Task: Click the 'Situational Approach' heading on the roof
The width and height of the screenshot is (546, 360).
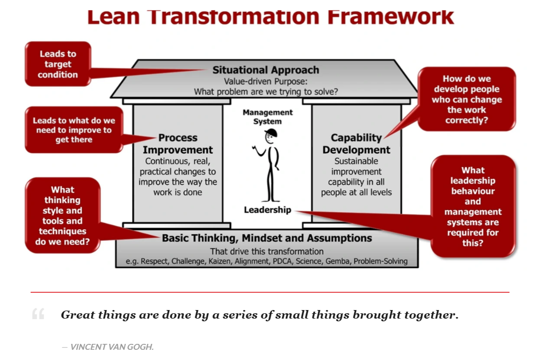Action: point(266,70)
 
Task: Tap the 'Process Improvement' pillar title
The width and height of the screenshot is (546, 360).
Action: point(178,143)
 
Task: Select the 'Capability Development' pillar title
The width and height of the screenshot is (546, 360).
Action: point(356,143)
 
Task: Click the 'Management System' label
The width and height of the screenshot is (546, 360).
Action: point(267,117)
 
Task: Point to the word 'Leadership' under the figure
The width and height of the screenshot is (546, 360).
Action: point(267,210)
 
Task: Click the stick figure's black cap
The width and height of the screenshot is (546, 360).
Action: point(271,133)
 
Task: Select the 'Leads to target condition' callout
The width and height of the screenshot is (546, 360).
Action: point(58,64)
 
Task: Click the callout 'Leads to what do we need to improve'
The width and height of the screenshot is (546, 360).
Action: point(74,130)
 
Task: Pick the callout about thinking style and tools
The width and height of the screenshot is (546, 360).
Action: point(63,215)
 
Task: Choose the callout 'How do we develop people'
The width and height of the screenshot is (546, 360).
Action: point(467,99)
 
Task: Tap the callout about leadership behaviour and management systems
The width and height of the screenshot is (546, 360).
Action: point(473,206)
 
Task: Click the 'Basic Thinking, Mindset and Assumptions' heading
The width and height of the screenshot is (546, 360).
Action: point(267,238)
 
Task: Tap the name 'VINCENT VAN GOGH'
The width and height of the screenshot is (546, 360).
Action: point(112,347)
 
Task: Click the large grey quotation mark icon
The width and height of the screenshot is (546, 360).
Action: point(38,314)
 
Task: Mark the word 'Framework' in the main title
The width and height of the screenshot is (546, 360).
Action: point(390,17)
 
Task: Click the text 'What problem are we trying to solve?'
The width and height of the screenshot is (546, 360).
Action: point(266,92)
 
